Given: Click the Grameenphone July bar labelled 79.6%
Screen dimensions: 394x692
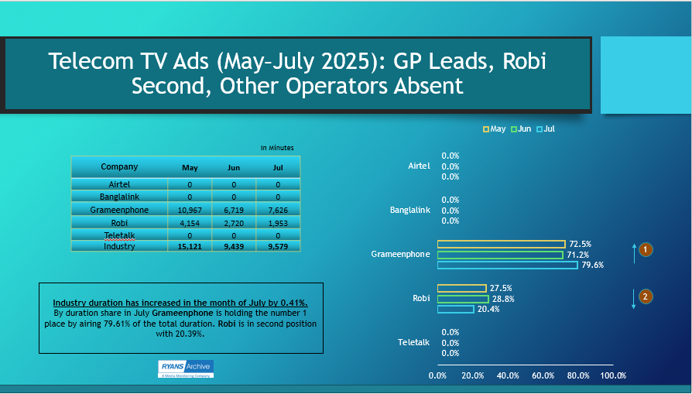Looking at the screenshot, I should click(507, 266).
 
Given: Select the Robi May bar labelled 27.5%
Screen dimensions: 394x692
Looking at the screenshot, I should click(462, 288).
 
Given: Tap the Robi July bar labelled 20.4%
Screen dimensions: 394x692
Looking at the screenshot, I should click(456, 309).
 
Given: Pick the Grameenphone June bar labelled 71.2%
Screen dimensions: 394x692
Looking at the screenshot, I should click(500, 255).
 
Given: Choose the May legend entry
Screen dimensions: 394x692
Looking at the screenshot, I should click(495, 128).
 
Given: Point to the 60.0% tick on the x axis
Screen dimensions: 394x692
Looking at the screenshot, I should click(543, 375).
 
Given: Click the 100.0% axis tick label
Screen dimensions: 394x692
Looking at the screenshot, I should click(613, 375).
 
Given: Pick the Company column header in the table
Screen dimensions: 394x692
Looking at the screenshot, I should click(119, 166).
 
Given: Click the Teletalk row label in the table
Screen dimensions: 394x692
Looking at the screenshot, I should click(119, 235).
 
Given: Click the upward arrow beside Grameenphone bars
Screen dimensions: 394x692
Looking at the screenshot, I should click(634, 252).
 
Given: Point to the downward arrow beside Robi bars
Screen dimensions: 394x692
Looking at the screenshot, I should click(634, 299).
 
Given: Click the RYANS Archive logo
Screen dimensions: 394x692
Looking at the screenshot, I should click(186, 368).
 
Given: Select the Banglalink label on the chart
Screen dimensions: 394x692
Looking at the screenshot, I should click(409, 211).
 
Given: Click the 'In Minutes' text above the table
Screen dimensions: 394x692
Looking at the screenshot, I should click(276, 147).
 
